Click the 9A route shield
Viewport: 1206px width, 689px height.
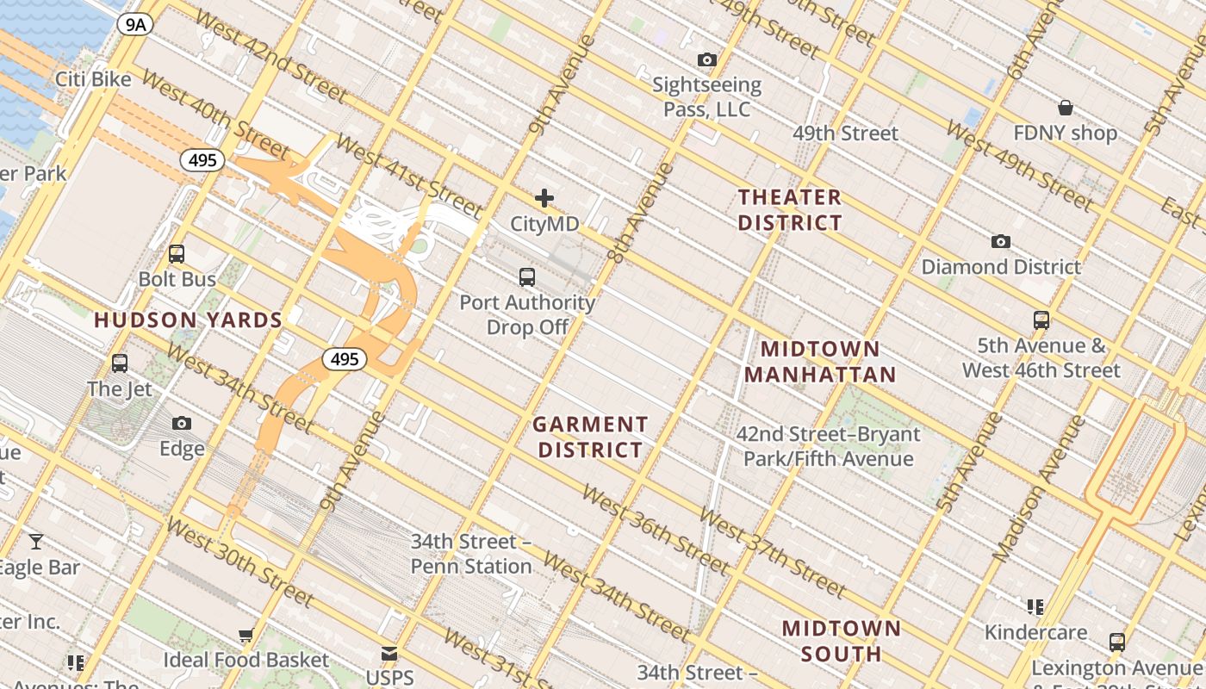(x=135, y=24)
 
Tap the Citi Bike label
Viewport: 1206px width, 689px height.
(x=93, y=80)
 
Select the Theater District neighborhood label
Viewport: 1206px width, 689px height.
(x=789, y=210)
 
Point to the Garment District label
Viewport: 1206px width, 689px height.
(x=589, y=438)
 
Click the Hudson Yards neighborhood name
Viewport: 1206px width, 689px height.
(x=188, y=320)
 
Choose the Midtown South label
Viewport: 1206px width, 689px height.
(x=841, y=641)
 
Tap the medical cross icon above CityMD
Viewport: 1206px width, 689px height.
(x=544, y=199)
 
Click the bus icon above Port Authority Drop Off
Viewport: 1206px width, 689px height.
(x=527, y=277)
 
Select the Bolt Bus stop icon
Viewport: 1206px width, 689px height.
(x=177, y=254)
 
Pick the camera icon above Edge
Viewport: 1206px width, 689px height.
(x=182, y=423)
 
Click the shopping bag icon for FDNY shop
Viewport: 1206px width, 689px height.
(x=1066, y=108)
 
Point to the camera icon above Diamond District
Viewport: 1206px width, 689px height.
(x=1000, y=241)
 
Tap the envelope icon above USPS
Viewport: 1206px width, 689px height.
(x=389, y=654)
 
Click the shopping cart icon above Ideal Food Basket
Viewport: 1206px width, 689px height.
(x=246, y=636)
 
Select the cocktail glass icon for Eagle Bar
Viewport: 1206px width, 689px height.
(x=35, y=542)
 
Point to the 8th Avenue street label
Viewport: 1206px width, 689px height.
(x=639, y=212)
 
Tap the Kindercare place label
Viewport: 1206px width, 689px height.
(x=1035, y=633)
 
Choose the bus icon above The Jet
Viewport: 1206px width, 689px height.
(x=120, y=363)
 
